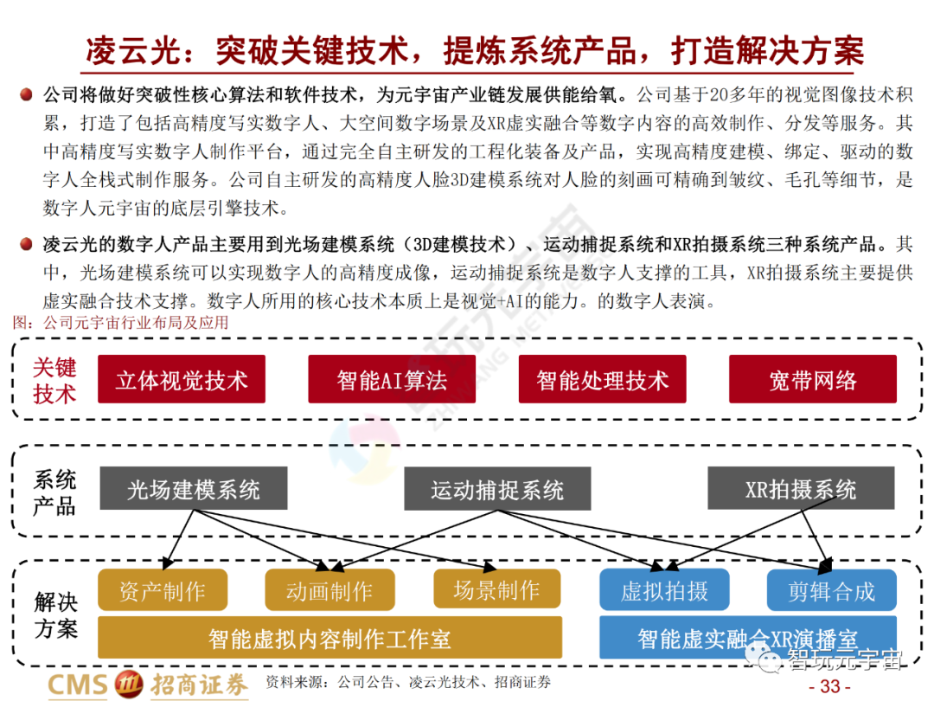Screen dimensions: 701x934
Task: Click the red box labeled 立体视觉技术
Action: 181,379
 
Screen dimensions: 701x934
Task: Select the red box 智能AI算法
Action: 392,379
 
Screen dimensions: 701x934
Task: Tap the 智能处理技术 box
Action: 602,379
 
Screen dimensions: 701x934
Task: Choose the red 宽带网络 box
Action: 813,379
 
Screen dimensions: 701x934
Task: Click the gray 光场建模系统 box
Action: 193,489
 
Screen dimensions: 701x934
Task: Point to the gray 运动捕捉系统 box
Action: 497,490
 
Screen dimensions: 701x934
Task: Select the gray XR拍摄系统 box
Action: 801,489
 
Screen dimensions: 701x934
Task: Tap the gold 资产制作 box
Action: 163,590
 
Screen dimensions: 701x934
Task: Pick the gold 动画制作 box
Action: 329,590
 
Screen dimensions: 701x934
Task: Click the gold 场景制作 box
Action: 496,590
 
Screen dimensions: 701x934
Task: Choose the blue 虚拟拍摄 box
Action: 664,590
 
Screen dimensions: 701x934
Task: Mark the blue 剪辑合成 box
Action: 831,590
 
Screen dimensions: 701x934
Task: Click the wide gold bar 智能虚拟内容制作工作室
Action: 329,639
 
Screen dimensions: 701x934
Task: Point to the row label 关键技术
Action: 54,380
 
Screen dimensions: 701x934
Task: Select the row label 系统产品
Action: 54,492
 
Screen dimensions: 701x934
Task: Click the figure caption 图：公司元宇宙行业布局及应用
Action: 122,323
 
